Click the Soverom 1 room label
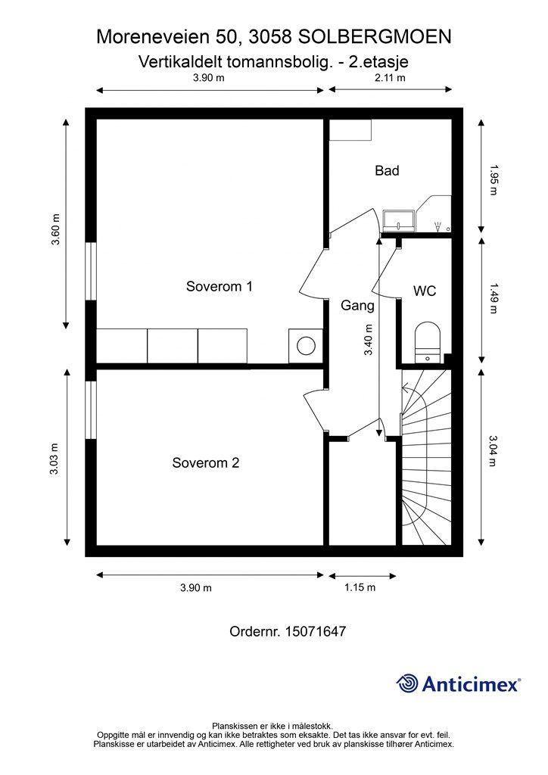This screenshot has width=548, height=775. pyautogui.click(x=219, y=287)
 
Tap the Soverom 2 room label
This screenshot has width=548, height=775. pyautogui.click(x=205, y=462)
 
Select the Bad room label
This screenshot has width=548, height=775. pyautogui.click(x=387, y=171)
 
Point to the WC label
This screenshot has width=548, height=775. pyautogui.click(x=424, y=291)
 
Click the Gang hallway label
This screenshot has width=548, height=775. pyautogui.click(x=357, y=307)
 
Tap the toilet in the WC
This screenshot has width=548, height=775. pyautogui.click(x=428, y=341)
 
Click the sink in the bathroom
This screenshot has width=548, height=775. pyautogui.click(x=398, y=220)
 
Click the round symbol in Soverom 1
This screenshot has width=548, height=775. pyautogui.click(x=306, y=347)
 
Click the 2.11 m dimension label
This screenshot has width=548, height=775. pyautogui.click(x=391, y=78)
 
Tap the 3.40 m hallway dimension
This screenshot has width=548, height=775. pyautogui.click(x=369, y=341)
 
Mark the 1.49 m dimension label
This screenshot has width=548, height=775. pyautogui.click(x=494, y=298)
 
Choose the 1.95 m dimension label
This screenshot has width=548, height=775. pyautogui.click(x=494, y=179)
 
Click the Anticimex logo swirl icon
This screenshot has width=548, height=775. pyautogui.click(x=407, y=683)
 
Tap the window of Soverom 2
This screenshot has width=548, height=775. pyautogui.click(x=90, y=409)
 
